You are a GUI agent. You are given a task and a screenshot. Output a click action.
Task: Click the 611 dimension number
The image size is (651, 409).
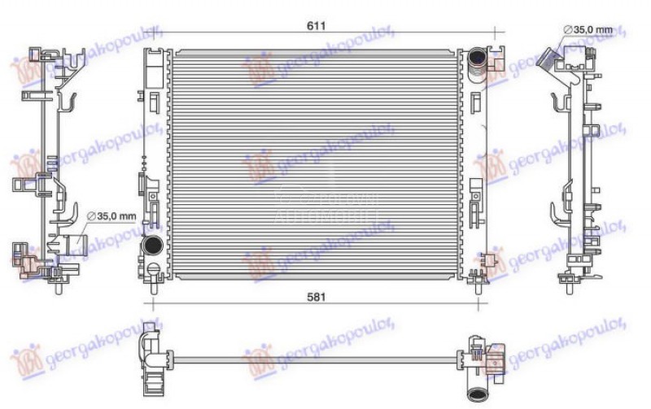coord(316,25)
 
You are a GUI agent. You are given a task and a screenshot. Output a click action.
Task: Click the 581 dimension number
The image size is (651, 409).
coord(316,297)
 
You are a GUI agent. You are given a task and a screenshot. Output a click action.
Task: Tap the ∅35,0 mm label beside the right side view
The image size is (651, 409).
coord(588,30)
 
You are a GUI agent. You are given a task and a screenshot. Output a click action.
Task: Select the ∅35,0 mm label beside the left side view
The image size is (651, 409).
coord(112,215)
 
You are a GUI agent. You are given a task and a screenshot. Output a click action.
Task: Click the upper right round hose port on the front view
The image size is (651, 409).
coord(477,59)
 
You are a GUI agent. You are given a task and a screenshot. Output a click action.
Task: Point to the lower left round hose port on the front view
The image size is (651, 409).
coord(151,244)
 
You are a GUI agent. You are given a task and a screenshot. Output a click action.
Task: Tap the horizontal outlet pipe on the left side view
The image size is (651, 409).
coord(75,244)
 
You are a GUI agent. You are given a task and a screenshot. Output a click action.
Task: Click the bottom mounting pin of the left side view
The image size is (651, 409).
coord(58,286)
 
